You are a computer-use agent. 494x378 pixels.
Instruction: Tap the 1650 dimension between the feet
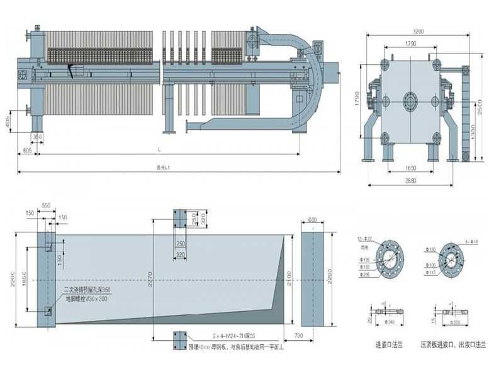coord(410,169)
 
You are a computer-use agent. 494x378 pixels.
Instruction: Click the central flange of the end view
coord(410,100)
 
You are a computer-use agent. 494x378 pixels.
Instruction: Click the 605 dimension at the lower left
coord(28,151)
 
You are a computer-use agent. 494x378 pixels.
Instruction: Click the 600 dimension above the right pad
coord(312,220)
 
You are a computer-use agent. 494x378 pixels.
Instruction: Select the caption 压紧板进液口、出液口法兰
coord(451,346)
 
